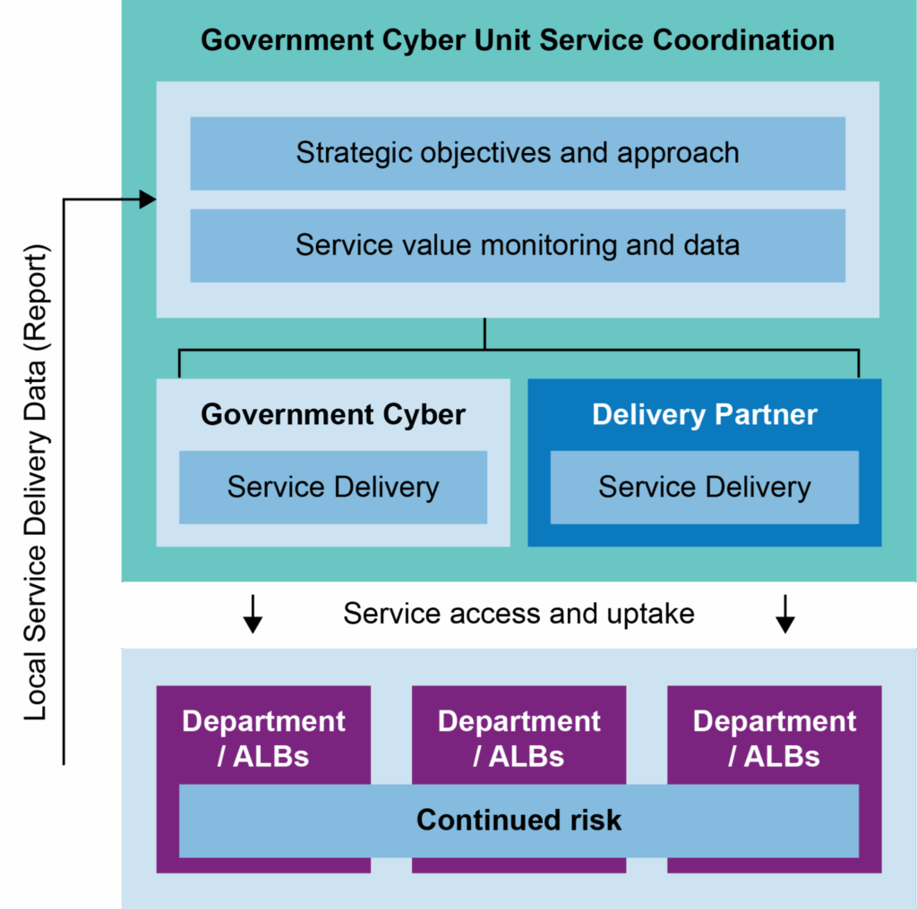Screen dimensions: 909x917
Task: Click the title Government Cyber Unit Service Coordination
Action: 518,40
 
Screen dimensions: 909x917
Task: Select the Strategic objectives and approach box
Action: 518,153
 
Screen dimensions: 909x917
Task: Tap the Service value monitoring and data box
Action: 518,245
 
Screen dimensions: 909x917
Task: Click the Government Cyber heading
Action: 333,415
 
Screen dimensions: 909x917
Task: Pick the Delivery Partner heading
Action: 705,415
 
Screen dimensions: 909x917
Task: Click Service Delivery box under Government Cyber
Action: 333,487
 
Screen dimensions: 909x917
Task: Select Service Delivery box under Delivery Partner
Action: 705,487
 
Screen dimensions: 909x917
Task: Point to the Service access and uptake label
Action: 519,614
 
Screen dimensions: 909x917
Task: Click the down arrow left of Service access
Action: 253,614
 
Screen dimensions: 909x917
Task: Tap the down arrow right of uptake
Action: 785,614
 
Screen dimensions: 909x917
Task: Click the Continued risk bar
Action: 518,820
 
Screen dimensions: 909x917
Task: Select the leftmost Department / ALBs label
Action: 263,739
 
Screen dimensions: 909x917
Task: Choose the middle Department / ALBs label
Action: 518,739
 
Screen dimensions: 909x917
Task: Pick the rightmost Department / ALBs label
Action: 774,739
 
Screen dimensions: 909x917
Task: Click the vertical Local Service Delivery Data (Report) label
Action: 37,483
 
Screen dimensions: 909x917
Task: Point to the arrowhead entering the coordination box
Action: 148,200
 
